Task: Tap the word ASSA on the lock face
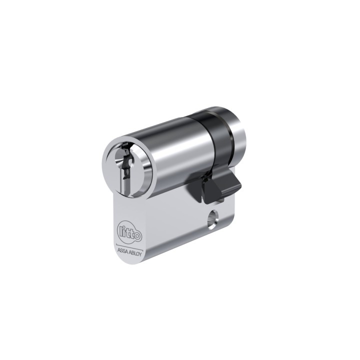[122, 250]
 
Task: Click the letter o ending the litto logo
[137, 236]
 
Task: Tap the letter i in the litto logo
[124, 230]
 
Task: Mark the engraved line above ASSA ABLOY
[129, 245]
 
